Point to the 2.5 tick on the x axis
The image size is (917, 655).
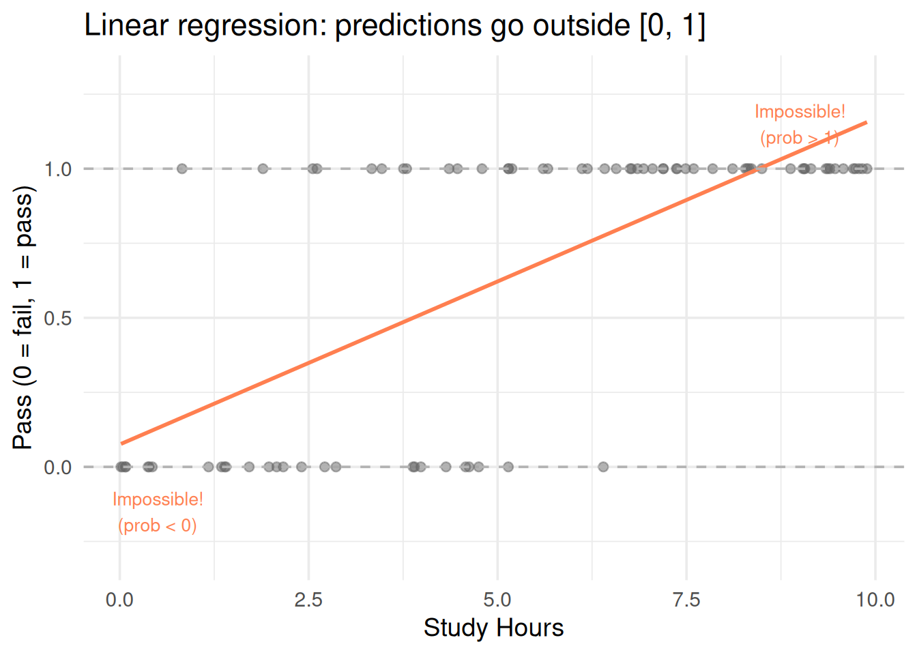(308, 600)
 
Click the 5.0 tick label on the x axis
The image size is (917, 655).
(497, 600)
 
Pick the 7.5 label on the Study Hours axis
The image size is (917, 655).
(686, 600)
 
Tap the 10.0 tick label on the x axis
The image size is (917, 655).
(875, 600)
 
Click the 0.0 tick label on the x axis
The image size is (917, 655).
(119, 600)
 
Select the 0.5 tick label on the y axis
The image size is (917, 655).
(58, 318)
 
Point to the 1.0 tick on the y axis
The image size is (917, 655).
(58, 169)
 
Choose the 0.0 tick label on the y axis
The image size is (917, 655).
(58, 467)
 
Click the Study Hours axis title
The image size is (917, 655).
(493, 628)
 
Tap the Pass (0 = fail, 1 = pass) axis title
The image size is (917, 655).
(23, 318)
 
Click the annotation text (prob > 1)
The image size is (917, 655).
(800, 138)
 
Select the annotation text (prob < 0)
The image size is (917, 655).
(157, 525)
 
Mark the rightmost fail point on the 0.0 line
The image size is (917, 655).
(603, 467)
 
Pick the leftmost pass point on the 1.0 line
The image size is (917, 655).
(181, 169)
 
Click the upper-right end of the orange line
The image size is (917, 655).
(867, 122)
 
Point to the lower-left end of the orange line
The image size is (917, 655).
(121, 443)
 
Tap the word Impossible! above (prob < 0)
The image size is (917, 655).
(158, 499)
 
